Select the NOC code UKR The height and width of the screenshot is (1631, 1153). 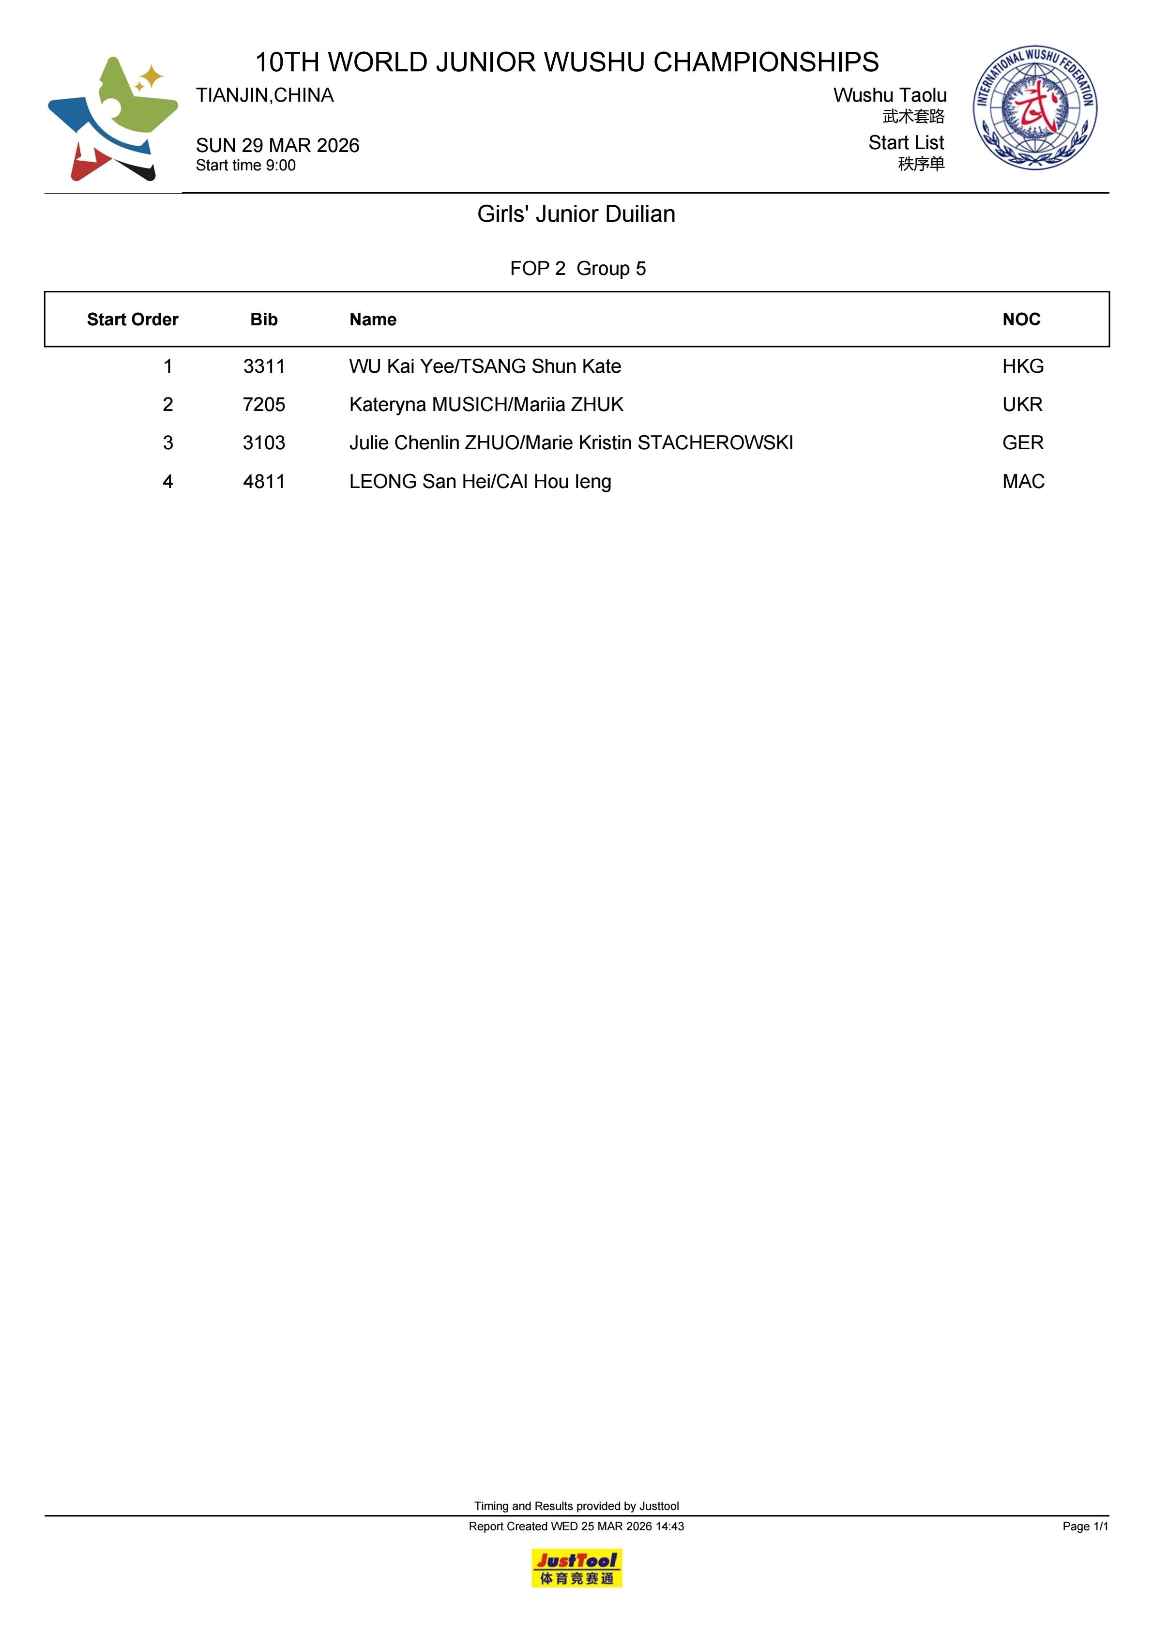tap(1022, 405)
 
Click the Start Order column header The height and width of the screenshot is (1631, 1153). tap(132, 320)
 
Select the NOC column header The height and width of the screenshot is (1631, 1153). tap(1021, 320)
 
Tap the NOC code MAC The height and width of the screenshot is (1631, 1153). tap(1023, 482)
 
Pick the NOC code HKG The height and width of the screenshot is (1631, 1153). tap(1023, 366)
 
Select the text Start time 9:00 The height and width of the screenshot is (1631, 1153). tap(246, 166)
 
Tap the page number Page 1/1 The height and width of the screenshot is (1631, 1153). tap(1085, 1526)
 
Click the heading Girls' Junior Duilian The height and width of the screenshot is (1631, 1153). tap(576, 214)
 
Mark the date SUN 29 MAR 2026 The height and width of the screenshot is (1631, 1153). tap(278, 146)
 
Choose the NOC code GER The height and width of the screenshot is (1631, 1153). tap(1023, 443)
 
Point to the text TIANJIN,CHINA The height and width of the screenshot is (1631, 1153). tap(265, 96)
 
